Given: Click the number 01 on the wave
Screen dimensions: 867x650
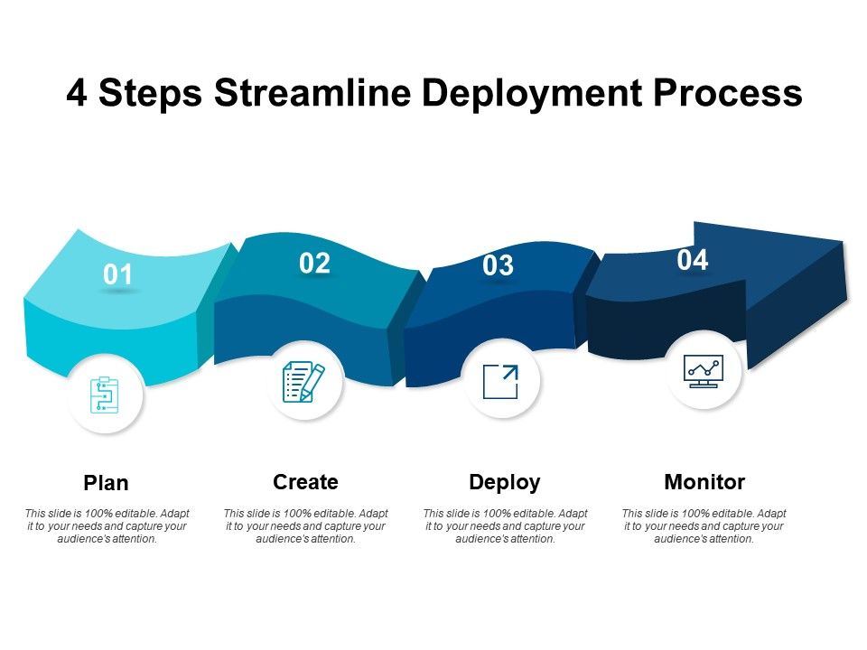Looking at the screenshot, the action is [x=117, y=274].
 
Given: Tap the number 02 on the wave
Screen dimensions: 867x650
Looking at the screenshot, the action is [x=314, y=263].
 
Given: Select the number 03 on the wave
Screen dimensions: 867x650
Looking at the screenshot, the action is [x=498, y=265].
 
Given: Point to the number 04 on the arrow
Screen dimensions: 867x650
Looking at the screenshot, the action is [x=693, y=260].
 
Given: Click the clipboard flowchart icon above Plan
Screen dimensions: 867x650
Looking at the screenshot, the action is [x=105, y=395].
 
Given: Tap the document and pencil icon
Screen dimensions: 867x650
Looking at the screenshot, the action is [x=303, y=381].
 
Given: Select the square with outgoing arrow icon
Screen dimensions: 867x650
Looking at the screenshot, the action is [x=500, y=381].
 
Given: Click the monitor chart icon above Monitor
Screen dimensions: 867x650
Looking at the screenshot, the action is [x=704, y=371].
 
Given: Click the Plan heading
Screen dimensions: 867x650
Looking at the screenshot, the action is [x=106, y=483].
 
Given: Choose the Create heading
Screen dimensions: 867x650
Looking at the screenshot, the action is [x=305, y=482].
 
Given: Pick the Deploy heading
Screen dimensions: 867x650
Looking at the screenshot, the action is [x=504, y=483].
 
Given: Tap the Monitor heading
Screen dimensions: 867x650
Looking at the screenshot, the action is [x=704, y=482].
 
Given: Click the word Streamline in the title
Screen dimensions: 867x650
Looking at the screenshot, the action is [x=312, y=92].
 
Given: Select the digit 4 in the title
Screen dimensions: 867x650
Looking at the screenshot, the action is [x=77, y=92].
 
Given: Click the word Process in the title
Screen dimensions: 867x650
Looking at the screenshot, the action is [x=728, y=93].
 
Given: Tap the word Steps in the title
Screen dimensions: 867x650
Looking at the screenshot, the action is [x=151, y=94].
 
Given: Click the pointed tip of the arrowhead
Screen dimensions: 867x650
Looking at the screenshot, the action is [x=846, y=299].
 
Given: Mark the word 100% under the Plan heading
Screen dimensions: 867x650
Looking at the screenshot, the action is [x=98, y=514].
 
